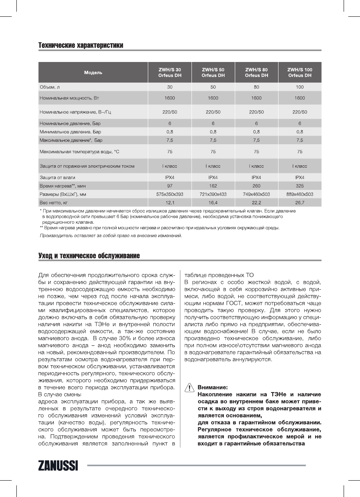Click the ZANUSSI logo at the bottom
pos(58,465)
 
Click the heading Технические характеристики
pos(81,46)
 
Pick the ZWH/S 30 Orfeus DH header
pos(170,73)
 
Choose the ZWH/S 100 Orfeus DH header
pos(300,73)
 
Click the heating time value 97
pos(170,186)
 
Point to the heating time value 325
pos(300,186)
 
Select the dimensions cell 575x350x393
pos(170,194)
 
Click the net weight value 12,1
pos(170,203)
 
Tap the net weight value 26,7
pos(300,203)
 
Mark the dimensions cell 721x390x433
pos(213,194)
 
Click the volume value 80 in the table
pos(256,87)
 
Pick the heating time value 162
pos(213,186)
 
